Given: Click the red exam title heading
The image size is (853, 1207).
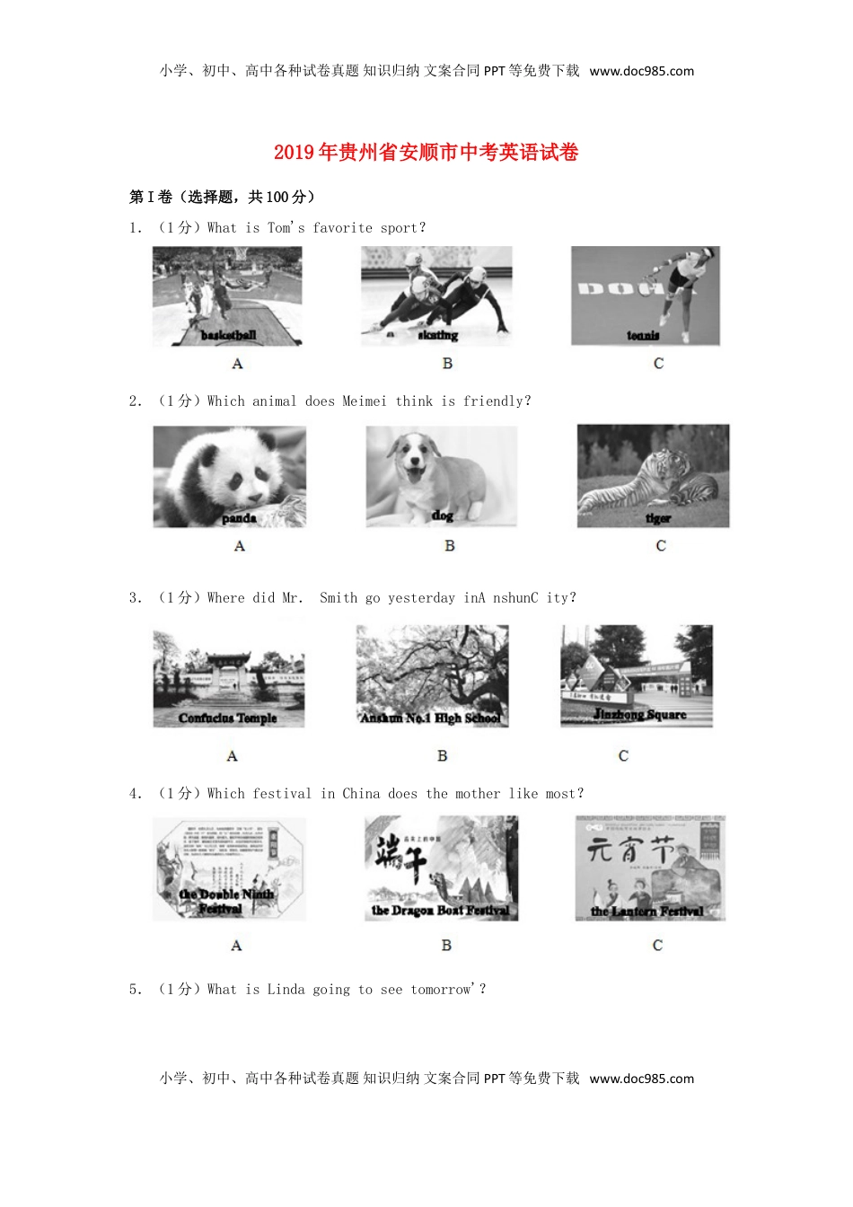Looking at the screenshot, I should [426, 153].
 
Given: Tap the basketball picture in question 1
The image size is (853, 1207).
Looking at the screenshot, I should [227, 296].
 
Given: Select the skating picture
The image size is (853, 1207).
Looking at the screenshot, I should [436, 296].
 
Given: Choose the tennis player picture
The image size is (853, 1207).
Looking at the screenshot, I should [646, 296].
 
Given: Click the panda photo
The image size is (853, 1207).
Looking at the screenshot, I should [230, 477].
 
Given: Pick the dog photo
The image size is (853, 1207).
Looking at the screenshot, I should [441, 477].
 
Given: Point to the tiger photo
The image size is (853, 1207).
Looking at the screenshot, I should [653, 477].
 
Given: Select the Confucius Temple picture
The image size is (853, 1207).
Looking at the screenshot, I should [229, 677].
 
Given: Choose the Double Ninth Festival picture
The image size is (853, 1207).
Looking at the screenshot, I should [229, 868].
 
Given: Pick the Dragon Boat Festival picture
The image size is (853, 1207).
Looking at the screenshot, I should [441, 868].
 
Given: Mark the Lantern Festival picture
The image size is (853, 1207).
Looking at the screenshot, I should [650, 868].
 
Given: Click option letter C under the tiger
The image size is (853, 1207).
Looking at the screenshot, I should [661, 546].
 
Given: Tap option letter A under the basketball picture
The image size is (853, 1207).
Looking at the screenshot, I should [237, 364].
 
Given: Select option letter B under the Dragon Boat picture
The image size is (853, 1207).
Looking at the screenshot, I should [446, 946].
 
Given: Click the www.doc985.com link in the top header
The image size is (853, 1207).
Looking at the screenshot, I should [642, 72].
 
